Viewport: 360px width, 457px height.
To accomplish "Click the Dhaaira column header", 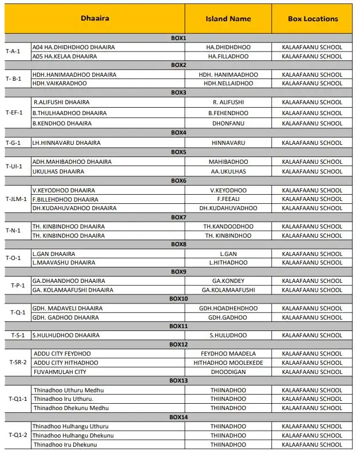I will click(95, 18).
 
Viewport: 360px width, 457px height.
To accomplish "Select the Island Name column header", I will click(228, 19).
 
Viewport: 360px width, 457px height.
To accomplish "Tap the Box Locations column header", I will click(313, 19).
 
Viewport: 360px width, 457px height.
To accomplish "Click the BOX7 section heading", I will click(179, 217).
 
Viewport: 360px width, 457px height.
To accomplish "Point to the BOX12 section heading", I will click(179, 344).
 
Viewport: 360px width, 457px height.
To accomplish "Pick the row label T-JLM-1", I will click(17, 199).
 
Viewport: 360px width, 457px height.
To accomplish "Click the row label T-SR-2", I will click(17, 363).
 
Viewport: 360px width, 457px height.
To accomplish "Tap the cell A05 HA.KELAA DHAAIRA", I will click(65, 56).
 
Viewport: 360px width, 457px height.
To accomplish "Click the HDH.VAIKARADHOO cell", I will click(60, 83).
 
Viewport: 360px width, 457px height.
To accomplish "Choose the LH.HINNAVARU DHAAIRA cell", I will click(66, 143).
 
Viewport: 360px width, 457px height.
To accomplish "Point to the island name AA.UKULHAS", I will click(228, 171).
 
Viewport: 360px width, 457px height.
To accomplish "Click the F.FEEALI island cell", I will click(228, 199).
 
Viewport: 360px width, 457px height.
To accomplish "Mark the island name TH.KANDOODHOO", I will click(228, 226).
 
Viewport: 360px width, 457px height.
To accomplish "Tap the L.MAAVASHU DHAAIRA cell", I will click(62, 262).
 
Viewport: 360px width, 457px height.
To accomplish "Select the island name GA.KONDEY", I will click(228, 281).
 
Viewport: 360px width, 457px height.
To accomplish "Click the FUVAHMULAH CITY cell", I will click(60, 372).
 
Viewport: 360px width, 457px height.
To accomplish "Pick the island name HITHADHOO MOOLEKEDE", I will click(228, 363).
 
